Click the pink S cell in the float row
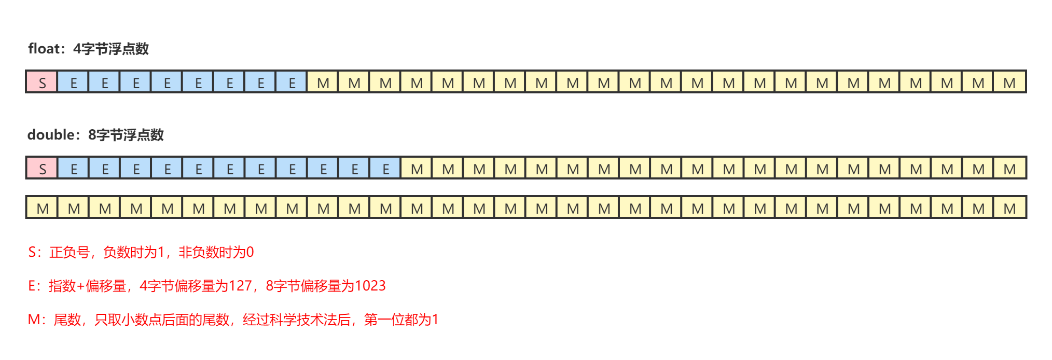(x=42, y=82)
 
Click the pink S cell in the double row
(x=42, y=168)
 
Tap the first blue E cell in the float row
(x=73, y=82)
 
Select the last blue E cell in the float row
(x=292, y=82)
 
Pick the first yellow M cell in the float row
(x=323, y=82)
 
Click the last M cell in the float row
(x=1009, y=82)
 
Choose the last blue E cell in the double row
(x=385, y=168)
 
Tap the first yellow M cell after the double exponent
(x=417, y=168)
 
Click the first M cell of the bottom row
(x=42, y=208)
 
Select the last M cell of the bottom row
(x=1009, y=208)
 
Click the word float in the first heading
(x=44, y=49)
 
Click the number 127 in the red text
(x=240, y=286)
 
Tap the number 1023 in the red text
(x=370, y=286)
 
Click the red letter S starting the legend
(x=32, y=253)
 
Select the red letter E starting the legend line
(x=32, y=286)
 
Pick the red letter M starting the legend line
(x=34, y=320)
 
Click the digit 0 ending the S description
(x=250, y=253)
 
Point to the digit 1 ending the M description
(x=435, y=320)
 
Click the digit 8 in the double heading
(x=92, y=135)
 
